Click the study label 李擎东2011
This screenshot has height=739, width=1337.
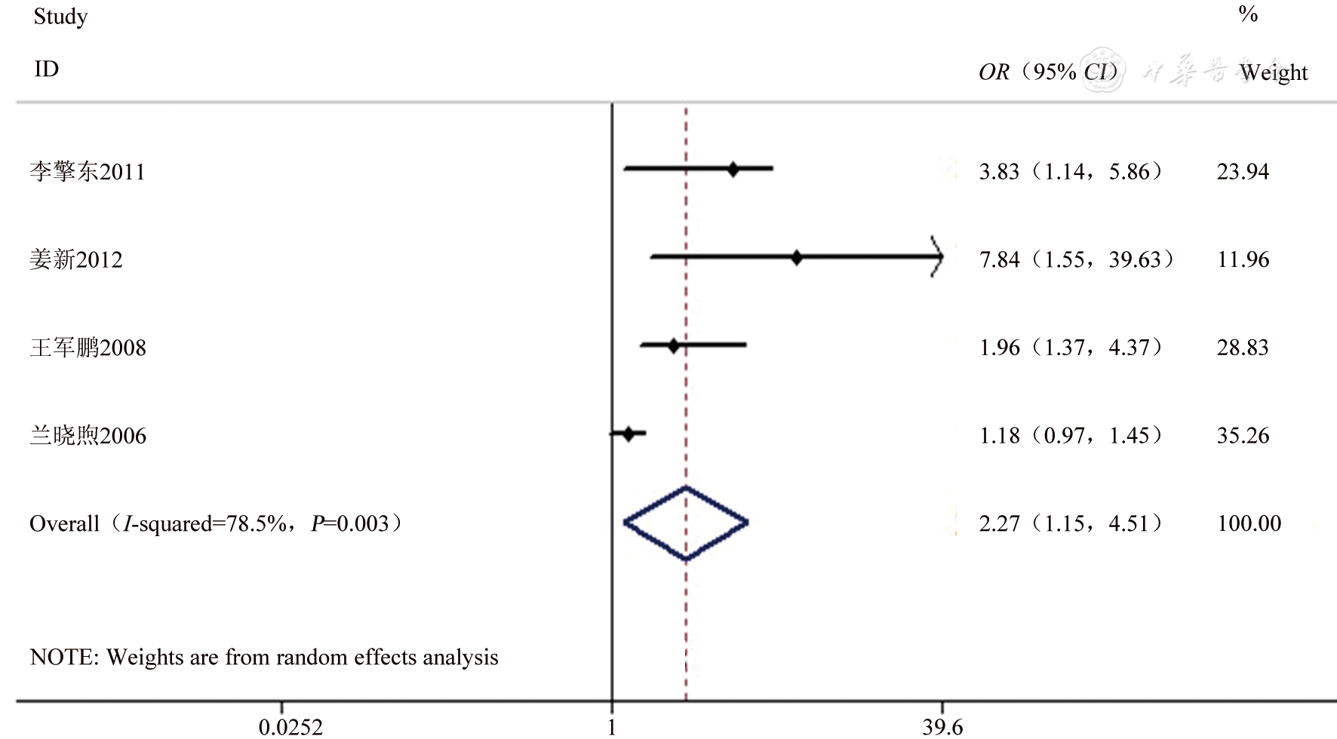pyautogui.click(x=88, y=172)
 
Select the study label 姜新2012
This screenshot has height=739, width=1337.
pyautogui.click(x=76, y=260)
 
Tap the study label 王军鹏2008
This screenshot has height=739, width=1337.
pyautogui.click(x=88, y=348)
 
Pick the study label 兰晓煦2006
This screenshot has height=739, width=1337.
pyautogui.click(x=88, y=436)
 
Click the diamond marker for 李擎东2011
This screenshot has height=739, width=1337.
pyautogui.click(x=733, y=170)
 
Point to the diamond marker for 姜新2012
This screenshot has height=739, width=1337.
pyautogui.click(x=797, y=258)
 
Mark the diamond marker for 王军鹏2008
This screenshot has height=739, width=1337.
pyautogui.click(x=674, y=346)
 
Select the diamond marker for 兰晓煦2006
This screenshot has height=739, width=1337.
pyautogui.click(x=629, y=434)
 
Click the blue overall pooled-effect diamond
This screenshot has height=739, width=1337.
pyautogui.click(x=686, y=523)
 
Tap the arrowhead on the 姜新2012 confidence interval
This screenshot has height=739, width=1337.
pyautogui.click(x=937, y=258)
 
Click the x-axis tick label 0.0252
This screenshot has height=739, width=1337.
pyautogui.click(x=290, y=727)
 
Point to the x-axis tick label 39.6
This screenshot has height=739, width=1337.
pyautogui.click(x=942, y=727)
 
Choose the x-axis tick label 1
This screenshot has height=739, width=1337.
pyautogui.click(x=612, y=727)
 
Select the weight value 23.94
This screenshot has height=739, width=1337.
pyautogui.click(x=1243, y=172)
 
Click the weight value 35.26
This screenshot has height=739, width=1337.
pyautogui.click(x=1243, y=436)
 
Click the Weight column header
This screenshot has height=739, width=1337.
pyautogui.click(x=1274, y=72)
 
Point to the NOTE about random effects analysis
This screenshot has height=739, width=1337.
pyautogui.click(x=264, y=658)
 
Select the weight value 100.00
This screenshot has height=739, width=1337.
pyautogui.click(x=1249, y=523)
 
